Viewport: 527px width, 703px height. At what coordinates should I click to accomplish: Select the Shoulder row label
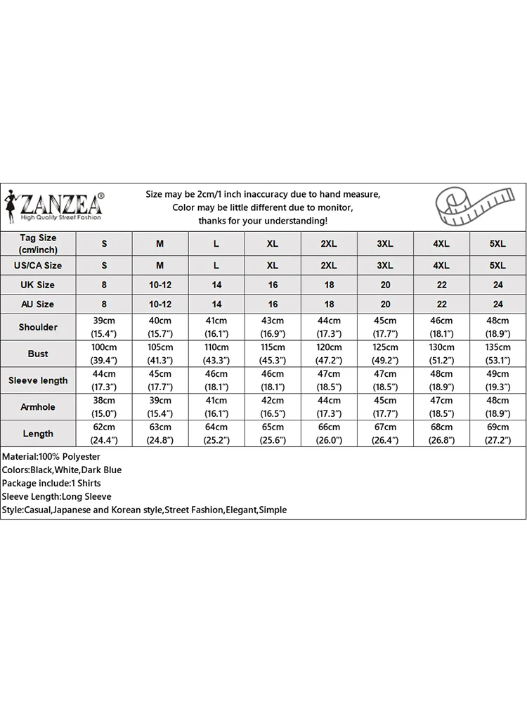point(38,327)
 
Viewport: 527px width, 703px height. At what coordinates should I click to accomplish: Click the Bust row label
point(38,354)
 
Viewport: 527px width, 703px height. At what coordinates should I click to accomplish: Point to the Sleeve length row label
point(38,380)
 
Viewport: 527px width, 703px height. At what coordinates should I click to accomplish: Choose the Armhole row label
point(38,407)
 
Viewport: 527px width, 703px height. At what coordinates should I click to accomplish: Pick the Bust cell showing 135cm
point(497,354)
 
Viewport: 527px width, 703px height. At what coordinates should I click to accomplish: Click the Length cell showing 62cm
point(105,434)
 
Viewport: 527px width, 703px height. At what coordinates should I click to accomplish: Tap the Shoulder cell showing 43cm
point(273,327)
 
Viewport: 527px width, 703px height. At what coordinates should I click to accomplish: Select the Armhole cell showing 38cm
point(105,407)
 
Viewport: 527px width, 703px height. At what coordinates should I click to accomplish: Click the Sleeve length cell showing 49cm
point(497,380)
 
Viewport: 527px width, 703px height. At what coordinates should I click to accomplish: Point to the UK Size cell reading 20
point(385,285)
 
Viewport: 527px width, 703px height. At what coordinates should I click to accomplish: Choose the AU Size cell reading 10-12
point(160,304)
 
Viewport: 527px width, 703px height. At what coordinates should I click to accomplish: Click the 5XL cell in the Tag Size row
point(497,244)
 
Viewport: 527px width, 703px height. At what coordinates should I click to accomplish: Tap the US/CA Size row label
point(38,265)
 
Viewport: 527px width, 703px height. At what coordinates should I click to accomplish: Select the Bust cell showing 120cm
point(329,354)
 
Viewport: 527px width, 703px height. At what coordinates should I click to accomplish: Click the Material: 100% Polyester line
point(51,457)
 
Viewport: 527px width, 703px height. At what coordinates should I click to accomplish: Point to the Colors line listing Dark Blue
point(62,470)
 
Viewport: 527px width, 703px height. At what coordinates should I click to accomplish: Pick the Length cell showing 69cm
point(497,434)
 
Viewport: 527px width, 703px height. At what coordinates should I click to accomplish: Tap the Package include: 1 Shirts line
point(52,483)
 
